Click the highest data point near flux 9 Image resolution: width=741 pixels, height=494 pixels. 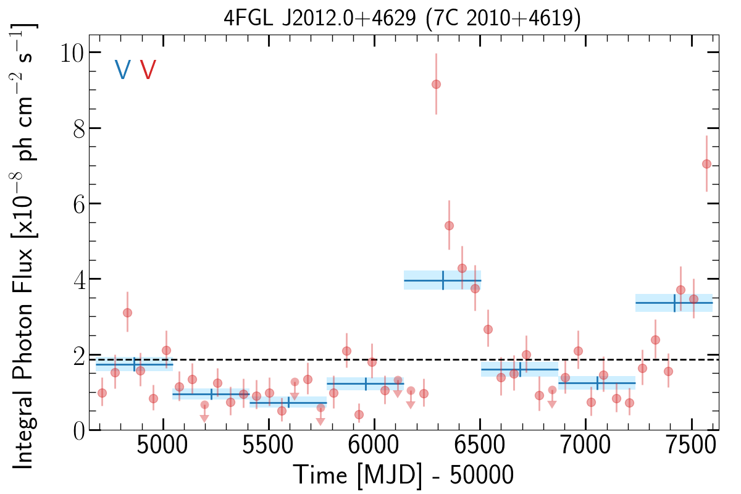pos(436,84)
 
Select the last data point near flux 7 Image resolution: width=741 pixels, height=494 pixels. pos(706,164)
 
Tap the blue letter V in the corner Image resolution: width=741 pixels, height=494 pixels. pos(122,70)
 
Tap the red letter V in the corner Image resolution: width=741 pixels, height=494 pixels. pos(148,70)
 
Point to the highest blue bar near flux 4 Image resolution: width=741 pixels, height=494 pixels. pos(442,280)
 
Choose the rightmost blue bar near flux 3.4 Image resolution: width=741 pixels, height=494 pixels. pos(674,303)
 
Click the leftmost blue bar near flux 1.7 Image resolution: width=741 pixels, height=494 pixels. pos(134,364)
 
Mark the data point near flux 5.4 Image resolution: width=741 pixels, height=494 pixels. pos(449,225)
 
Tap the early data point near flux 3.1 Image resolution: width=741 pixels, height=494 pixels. pos(127,312)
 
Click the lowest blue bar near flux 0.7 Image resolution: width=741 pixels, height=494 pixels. pos(288,403)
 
